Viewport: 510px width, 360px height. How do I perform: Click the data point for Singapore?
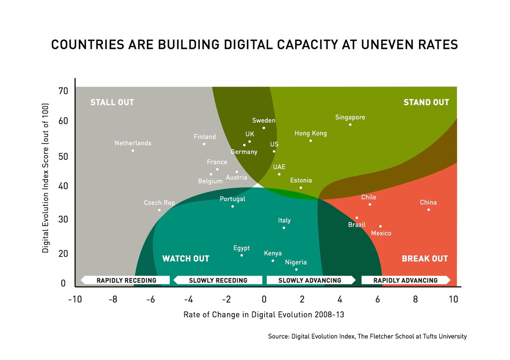click(x=350, y=125)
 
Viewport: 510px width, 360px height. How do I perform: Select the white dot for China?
click(x=429, y=210)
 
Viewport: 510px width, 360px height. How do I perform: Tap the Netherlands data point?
click(x=133, y=150)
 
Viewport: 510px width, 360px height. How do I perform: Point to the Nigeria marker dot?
click(x=296, y=270)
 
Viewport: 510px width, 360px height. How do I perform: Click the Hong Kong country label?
click(x=310, y=133)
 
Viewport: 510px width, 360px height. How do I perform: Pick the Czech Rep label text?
click(x=159, y=202)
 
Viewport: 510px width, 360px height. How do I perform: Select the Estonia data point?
click(x=301, y=187)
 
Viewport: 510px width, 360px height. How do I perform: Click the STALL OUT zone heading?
click(x=112, y=102)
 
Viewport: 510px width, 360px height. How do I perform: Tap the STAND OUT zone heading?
click(x=426, y=102)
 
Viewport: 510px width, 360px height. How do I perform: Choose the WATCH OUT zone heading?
click(x=186, y=259)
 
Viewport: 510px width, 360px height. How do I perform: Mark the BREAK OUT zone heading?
click(x=425, y=259)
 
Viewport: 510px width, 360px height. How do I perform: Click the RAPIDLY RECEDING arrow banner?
click(x=126, y=280)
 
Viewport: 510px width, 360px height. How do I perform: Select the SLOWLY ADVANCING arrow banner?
click(x=310, y=280)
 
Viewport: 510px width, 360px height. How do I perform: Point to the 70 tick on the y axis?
click(x=63, y=91)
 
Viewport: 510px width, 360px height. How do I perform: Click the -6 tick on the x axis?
click(x=150, y=299)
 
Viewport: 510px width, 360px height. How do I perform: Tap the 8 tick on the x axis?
click(x=415, y=299)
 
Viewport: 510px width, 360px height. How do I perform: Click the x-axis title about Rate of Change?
click(x=264, y=315)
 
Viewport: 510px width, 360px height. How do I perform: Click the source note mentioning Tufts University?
click(x=367, y=336)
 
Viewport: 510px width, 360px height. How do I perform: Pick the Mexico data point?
click(x=380, y=226)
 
